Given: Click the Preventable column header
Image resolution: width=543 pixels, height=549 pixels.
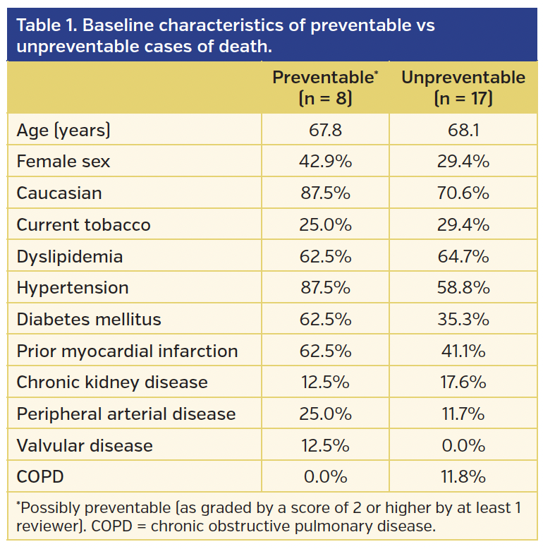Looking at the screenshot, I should (325, 88).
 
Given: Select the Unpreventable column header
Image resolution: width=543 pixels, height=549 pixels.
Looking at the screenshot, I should (463, 88).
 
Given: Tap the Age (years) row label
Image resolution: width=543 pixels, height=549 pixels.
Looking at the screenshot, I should (63, 130).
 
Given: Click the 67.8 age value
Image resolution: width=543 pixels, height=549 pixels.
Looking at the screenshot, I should (325, 130).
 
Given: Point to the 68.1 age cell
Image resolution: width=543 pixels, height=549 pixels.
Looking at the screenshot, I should (463, 130).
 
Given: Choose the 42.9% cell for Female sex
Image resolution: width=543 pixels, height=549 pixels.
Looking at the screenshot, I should (325, 162).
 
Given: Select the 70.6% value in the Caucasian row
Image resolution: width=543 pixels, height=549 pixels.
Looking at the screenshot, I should (463, 193).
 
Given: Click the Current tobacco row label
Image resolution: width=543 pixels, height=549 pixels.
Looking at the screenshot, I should (83, 225).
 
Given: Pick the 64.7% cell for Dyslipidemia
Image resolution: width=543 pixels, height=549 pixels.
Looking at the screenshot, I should (463, 256).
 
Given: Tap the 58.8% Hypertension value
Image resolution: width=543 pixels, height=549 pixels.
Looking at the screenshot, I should (463, 288).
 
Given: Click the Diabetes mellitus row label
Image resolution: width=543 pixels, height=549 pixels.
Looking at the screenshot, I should (89, 320).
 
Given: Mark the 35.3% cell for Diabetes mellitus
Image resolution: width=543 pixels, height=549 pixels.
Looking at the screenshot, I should (463, 320).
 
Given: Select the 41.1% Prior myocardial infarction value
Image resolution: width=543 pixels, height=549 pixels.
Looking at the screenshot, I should (463, 351).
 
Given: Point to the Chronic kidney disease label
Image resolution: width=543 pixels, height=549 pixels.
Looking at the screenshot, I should (112, 382).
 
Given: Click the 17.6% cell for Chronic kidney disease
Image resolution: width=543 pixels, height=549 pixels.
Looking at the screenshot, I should (463, 382).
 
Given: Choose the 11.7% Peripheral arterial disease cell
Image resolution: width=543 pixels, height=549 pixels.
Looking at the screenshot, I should (463, 414).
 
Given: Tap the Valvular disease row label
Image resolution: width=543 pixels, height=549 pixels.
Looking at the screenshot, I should (85, 446).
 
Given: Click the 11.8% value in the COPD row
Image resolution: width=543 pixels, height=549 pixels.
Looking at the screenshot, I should (463, 477).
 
